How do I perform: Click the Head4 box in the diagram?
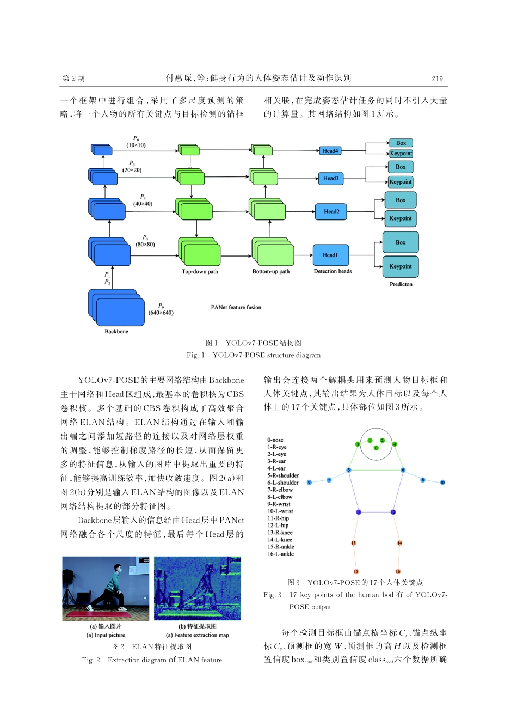[x=330, y=151]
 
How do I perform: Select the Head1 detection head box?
[x=330, y=255]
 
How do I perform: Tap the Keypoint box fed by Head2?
[x=401, y=218]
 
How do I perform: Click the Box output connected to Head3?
[x=401, y=167]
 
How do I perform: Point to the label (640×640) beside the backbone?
[x=161, y=313]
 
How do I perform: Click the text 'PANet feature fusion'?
[x=236, y=307]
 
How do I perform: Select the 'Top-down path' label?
[x=199, y=271]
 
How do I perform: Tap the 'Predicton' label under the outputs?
[x=401, y=284]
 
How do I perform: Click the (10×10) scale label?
[x=136, y=145]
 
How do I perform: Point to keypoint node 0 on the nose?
[x=376, y=448]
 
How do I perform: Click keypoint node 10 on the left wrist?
[x=442, y=483]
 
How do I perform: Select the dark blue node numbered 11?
[x=358, y=512]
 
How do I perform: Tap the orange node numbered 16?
[x=398, y=571]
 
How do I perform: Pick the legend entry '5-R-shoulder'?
[x=282, y=475]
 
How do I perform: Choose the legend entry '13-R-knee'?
[x=280, y=533]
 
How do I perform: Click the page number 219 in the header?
[x=437, y=78]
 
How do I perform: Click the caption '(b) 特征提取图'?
[x=197, y=626]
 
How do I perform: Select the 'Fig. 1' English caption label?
[x=195, y=355]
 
